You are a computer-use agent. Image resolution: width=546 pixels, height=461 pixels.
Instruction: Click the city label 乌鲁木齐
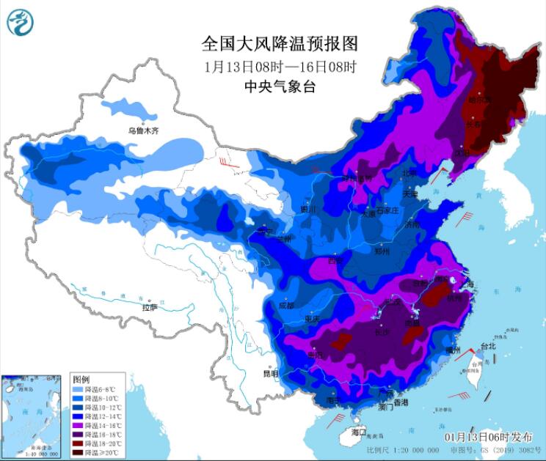click(x=143, y=130)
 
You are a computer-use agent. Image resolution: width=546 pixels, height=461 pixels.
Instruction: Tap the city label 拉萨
click(x=150, y=309)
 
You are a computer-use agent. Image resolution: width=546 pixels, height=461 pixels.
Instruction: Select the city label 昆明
click(x=271, y=373)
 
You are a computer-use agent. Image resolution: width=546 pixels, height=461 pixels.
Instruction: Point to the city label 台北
click(x=487, y=346)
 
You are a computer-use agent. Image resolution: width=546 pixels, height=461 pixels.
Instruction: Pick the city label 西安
click(x=336, y=260)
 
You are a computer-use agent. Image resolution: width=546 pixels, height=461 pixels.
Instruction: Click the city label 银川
click(x=308, y=209)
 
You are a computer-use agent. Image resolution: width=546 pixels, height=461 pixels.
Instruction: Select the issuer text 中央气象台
click(x=279, y=86)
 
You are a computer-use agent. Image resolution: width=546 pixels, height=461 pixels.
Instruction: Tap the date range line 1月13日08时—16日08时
click(x=279, y=66)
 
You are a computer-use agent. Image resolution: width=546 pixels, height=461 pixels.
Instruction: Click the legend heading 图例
click(x=81, y=379)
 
